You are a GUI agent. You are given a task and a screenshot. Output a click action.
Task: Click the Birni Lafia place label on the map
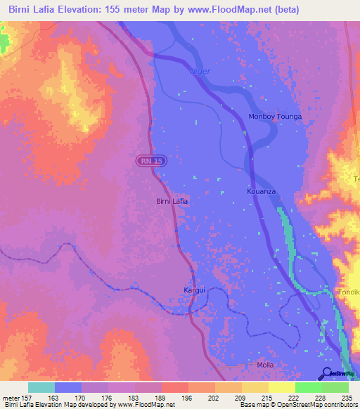[x=172, y=202]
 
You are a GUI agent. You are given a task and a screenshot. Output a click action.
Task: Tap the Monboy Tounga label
[x=275, y=117]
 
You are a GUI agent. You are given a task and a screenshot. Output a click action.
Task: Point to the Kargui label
[x=194, y=290]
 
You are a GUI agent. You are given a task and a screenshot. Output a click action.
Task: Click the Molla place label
[x=265, y=365]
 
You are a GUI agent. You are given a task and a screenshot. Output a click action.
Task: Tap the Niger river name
[x=200, y=71]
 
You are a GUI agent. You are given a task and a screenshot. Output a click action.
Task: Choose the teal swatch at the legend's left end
[x=41, y=387]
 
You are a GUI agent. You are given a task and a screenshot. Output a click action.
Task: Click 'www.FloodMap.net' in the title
[x=236, y=10]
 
